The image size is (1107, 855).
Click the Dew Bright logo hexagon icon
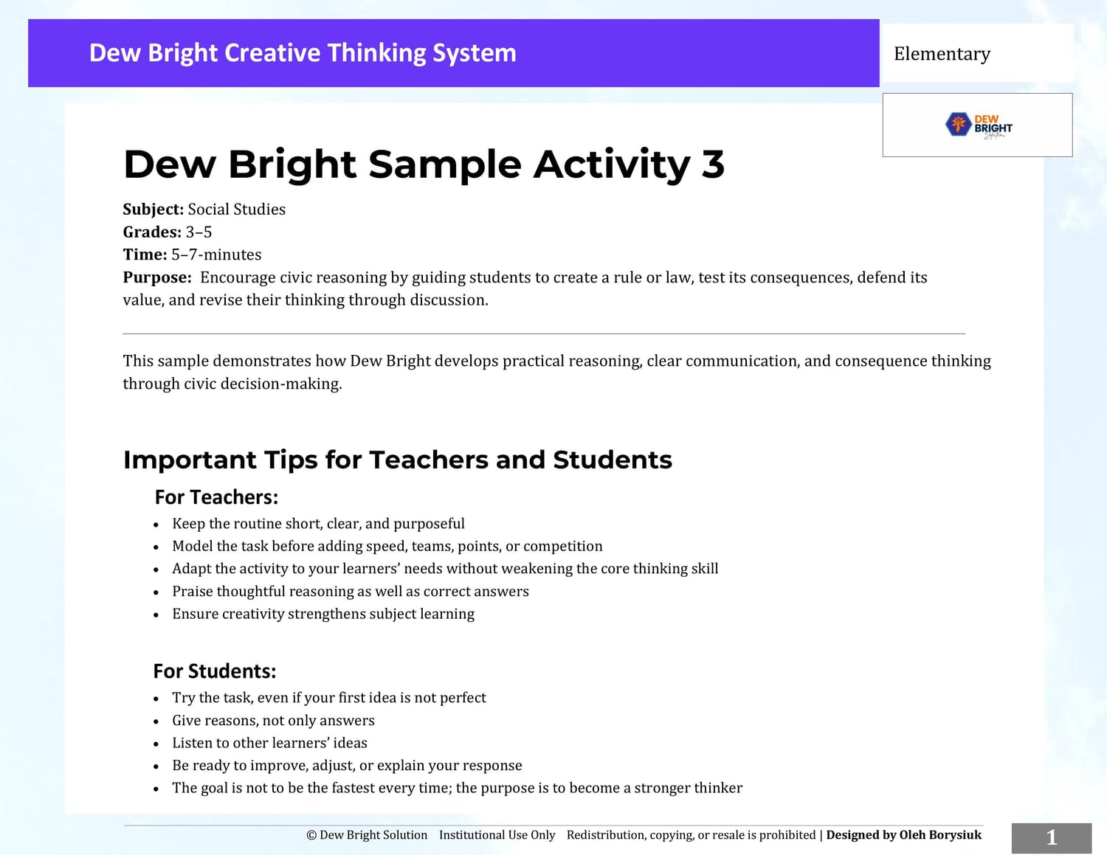coord(958,124)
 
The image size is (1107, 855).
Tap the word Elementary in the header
coord(942,54)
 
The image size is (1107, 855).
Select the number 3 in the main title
coord(713,165)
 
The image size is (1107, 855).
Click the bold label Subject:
coord(154,210)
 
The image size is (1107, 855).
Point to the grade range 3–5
coord(199,232)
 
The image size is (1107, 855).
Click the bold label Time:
coord(145,255)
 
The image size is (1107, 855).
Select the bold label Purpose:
coord(157,277)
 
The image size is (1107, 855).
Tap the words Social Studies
coord(237,210)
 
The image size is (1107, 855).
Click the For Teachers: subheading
coord(216,497)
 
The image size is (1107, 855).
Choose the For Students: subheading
coord(215,671)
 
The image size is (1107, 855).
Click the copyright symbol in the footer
coord(311,836)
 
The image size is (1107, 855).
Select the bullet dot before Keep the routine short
coord(156,525)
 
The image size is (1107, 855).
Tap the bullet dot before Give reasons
coord(156,721)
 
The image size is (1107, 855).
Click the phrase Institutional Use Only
coord(497,835)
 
